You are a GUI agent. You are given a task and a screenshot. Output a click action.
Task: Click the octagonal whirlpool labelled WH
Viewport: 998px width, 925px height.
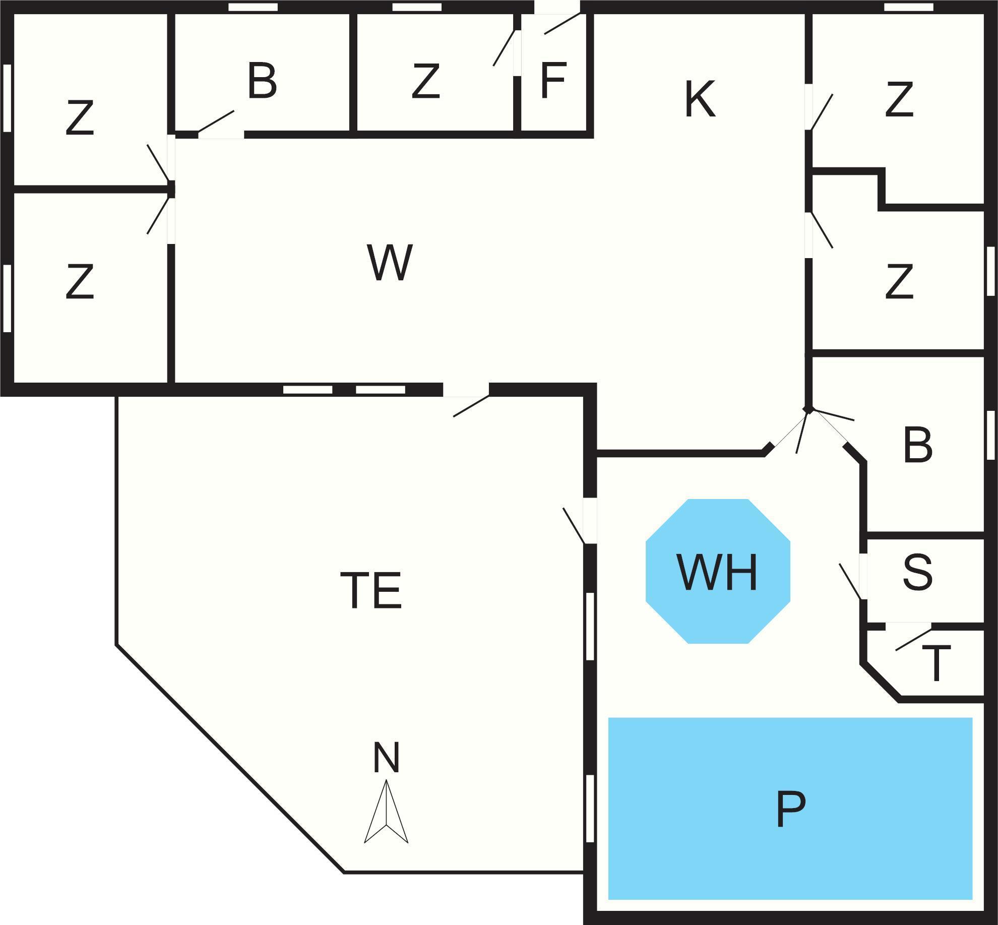click(718, 571)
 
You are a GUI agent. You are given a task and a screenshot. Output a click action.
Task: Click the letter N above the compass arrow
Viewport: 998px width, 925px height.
click(386, 757)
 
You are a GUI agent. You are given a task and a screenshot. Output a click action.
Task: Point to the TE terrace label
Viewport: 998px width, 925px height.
click(371, 590)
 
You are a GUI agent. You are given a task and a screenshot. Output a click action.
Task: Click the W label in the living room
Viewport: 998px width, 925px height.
click(390, 263)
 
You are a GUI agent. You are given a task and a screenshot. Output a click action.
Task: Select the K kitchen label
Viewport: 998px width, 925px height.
click(700, 100)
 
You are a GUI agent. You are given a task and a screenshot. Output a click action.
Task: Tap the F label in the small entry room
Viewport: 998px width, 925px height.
click(553, 81)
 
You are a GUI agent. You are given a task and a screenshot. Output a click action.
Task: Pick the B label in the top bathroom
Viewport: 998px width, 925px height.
click(262, 81)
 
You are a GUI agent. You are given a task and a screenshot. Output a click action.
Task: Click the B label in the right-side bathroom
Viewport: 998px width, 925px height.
click(918, 445)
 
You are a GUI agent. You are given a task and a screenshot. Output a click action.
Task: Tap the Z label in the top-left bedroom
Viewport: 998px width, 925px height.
click(80, 118)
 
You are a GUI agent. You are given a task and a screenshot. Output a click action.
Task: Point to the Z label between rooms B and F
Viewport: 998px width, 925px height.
click(425, 81)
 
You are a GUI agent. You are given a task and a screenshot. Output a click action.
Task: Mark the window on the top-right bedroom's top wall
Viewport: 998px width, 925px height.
click(909, 7)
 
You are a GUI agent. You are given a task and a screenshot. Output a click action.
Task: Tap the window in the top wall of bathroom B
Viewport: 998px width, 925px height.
click(253, 7)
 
